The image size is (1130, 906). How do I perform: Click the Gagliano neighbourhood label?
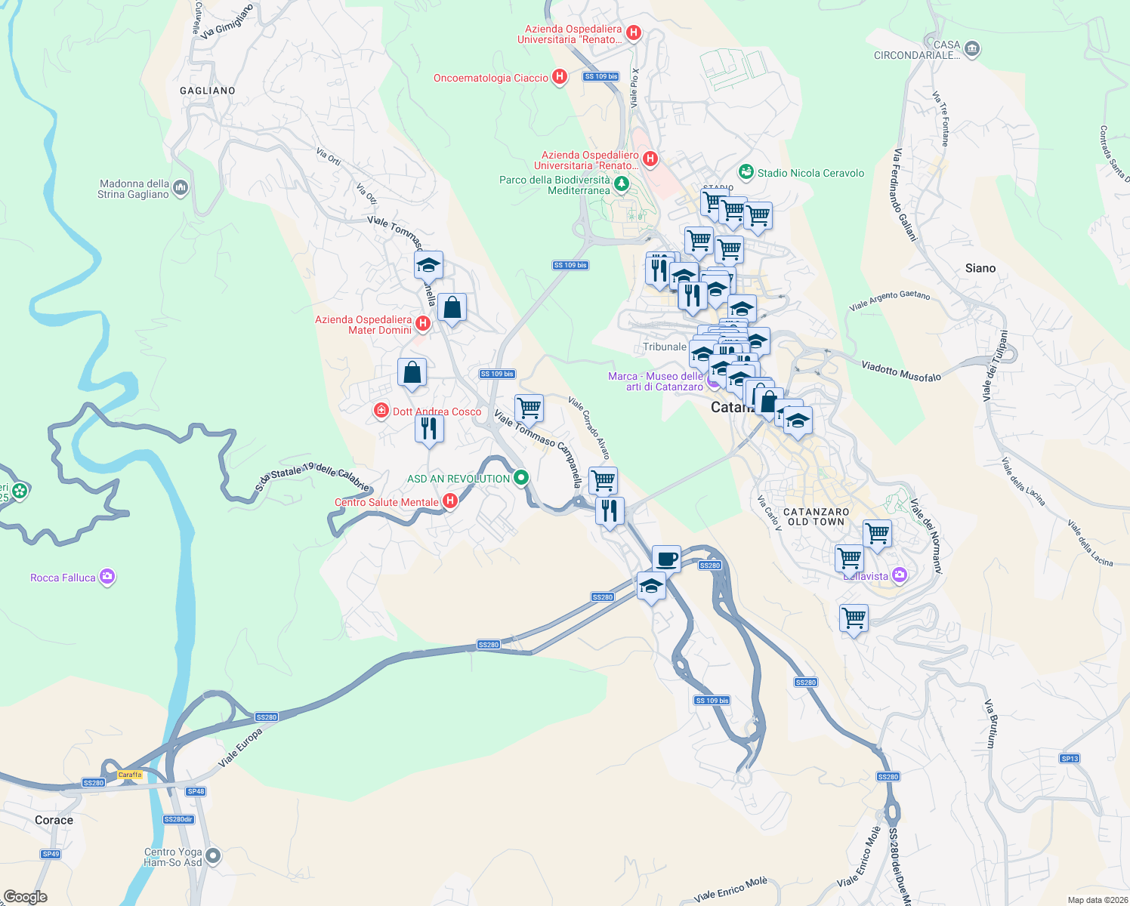point(208,91)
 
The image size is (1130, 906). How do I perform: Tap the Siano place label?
point(980,268)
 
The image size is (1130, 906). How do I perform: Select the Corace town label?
point(54,820)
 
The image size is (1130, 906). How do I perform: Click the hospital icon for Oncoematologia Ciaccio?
point(560,77)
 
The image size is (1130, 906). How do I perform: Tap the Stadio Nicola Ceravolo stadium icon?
point(746,172)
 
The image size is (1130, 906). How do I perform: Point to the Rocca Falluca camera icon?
point(107,578)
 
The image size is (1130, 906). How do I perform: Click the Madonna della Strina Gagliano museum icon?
point(181,187)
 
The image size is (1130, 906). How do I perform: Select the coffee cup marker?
point(666,559)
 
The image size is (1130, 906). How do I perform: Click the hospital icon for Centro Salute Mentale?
point(450,501)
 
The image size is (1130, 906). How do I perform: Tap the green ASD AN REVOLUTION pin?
point(521,478)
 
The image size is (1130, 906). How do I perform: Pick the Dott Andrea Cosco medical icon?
point(382,411)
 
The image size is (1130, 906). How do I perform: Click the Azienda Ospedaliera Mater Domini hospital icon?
point(423,324)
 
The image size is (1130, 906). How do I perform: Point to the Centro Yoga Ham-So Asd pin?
point(214,856)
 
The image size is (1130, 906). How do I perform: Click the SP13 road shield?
point(1070,759)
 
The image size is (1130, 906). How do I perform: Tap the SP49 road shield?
point(51,854)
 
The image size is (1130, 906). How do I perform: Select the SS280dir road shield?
point(179,819)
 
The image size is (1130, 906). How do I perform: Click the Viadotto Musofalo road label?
point(901,371)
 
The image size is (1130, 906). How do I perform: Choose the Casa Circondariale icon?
point(972,50)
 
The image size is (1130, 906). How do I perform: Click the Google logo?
point(26,897)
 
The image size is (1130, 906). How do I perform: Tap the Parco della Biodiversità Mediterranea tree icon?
point(622,184)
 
